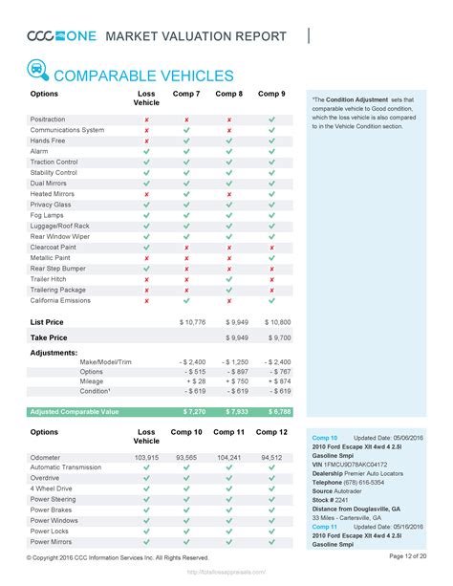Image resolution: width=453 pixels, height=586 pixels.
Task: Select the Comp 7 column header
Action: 185,95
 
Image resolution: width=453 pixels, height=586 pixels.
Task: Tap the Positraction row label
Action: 49,119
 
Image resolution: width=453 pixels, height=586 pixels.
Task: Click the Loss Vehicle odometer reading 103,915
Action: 146,458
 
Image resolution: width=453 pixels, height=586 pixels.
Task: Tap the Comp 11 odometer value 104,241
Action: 229,458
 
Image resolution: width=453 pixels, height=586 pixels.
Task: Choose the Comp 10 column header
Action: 185,433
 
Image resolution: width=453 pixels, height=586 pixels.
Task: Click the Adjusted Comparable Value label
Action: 75,411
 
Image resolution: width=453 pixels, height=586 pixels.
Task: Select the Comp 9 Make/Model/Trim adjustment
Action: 276,360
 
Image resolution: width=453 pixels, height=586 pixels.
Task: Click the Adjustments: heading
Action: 54,352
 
